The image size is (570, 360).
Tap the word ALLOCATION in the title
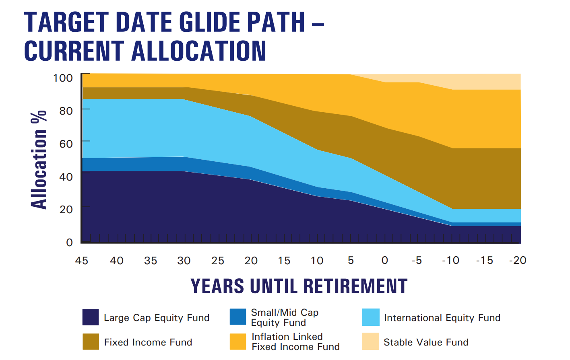[199, 51]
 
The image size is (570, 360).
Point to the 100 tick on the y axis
[63, 78]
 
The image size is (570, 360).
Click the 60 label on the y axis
[66, 144]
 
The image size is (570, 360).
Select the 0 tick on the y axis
[70, 242]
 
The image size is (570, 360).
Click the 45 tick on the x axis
[82, 261]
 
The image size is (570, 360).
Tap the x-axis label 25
[218, 261]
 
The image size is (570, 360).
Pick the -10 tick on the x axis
[450, 261]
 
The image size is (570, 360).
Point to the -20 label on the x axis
[518, 261]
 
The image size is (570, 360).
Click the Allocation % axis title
[39, 160]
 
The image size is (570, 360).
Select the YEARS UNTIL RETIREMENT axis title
[299, 286]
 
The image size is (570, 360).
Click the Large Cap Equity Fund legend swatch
[91, 317]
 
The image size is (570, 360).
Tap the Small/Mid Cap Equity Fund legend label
[285, 317]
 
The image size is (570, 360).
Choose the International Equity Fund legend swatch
[371, 317]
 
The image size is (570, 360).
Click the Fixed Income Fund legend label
[148, 342]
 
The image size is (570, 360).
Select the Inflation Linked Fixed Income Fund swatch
[238, 341]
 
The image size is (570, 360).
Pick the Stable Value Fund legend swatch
[370, 341]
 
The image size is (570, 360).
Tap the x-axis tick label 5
[351, 261]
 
